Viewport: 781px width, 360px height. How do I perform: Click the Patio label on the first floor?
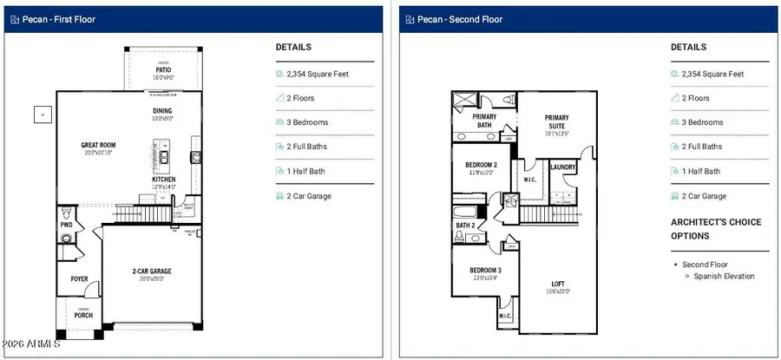tap(162, 69)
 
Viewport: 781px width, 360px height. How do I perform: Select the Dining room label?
tap(162, 111)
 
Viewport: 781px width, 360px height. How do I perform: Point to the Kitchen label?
tap(163, 180)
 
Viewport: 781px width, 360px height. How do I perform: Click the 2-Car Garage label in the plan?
tap(152, 272)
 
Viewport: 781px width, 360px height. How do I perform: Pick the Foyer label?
tap(79, 278)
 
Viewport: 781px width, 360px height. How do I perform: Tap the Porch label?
tap(82, 315)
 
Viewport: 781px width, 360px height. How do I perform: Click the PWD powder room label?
tap(66, 225)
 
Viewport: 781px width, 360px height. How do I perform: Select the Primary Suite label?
tap(556, 118)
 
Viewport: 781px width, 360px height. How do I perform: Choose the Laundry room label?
tap(564, 167)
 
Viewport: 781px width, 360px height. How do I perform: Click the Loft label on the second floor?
tap(558, 284)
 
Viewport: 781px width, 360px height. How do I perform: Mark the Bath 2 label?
tap(466, 226)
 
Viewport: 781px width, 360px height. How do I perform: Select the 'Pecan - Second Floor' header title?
tap(461, 19)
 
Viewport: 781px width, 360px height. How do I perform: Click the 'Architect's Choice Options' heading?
tap(716, 229)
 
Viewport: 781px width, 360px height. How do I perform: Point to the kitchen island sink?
tap(162, 158)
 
